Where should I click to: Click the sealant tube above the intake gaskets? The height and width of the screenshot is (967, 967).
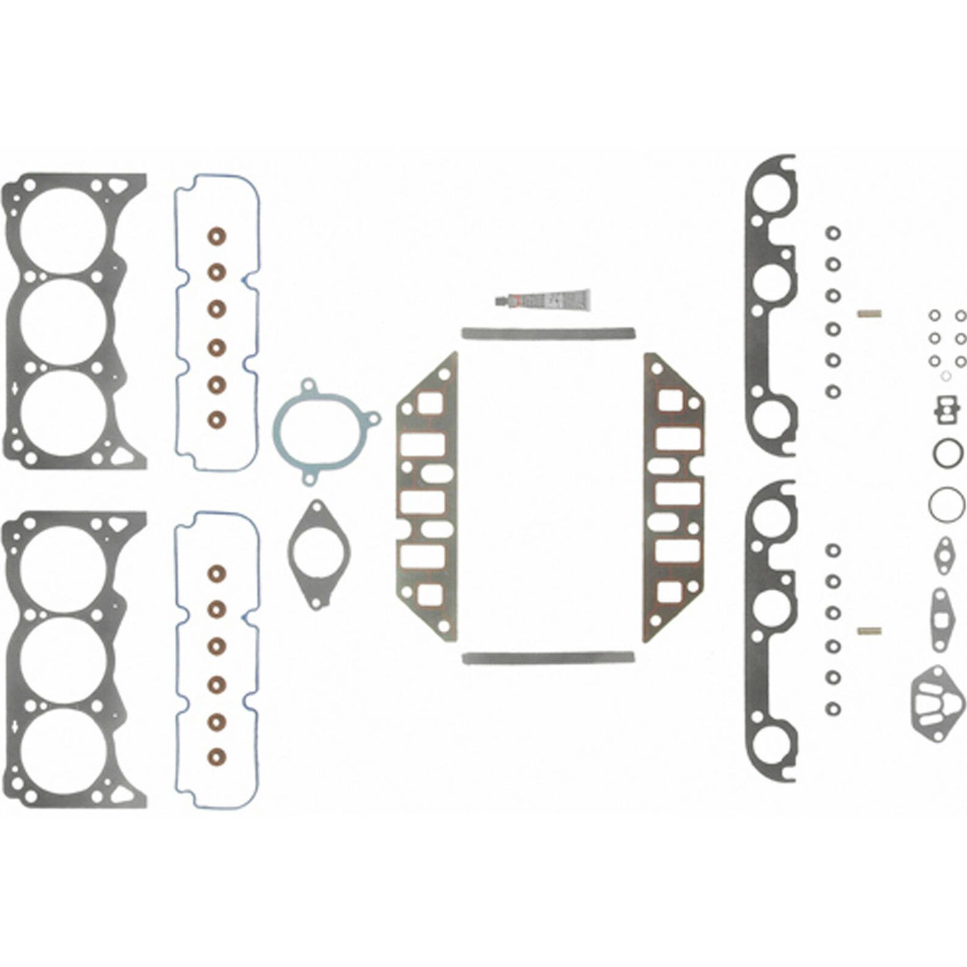coord(548,300)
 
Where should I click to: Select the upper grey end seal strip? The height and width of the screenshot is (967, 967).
coord(548,333)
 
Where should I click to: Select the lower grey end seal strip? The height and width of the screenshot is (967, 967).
coord(548,658)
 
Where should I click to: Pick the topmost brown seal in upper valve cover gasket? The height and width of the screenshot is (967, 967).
coord(216,236)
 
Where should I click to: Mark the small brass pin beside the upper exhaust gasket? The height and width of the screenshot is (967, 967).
coord(870,314)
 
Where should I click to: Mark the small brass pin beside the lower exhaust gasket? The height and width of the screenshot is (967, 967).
coord(870,631)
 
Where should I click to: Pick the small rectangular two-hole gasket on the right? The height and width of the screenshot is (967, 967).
coord(948,409)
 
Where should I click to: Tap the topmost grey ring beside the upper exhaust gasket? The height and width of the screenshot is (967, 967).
coord(833,233)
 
